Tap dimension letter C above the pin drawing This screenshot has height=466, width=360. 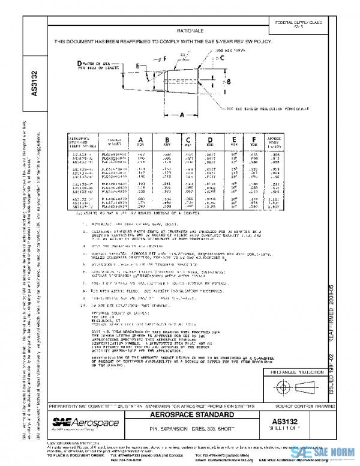click(x=221, y=58)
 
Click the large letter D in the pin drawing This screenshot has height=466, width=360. click(x=80, y=63)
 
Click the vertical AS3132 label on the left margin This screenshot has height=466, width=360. click(x=34, y=84)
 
